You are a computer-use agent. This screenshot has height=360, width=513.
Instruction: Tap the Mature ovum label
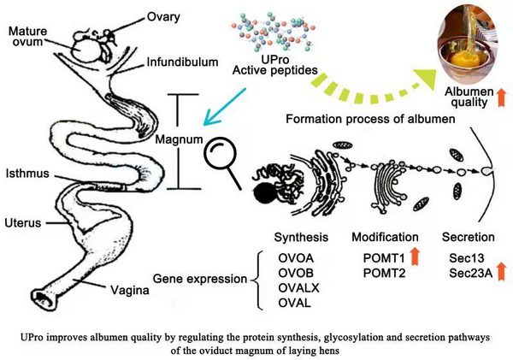click(x=27, y=38)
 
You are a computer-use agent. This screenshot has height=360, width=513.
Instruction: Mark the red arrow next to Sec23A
click(x=502, y=272)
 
